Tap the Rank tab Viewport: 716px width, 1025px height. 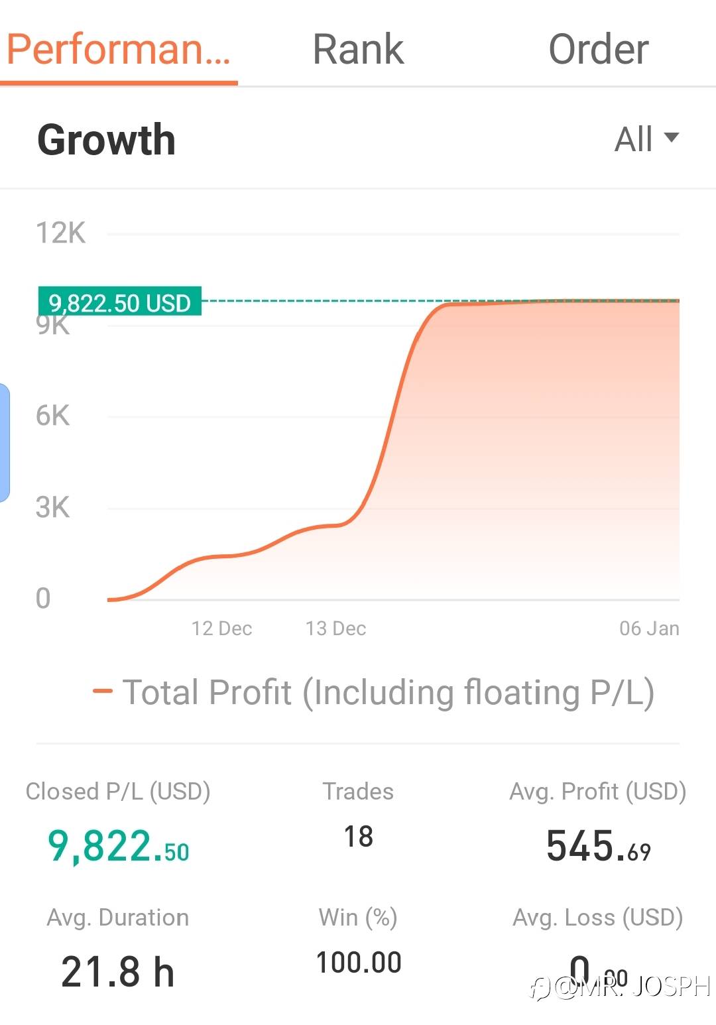[358, 50]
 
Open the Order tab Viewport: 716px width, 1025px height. [598, 50]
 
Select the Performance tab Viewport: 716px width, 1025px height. [119, 50]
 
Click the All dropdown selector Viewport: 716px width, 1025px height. [646, 139]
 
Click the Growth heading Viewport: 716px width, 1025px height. [106, 140]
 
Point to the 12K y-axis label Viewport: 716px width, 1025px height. [60, 233]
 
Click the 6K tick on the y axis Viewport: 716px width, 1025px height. [52, 416]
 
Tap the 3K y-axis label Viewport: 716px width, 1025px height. [52, 508]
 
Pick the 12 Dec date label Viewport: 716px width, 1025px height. [221, 629]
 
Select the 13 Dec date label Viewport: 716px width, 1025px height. [335, 629]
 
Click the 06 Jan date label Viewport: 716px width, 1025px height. [649, 629]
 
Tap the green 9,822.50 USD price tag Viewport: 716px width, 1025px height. [120, 302]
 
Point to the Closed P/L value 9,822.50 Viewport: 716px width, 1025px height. [118, 847]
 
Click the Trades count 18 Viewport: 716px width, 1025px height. [358, 837]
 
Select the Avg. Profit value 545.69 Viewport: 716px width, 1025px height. [598, 847]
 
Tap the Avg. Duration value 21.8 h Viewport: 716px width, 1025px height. [117, 972]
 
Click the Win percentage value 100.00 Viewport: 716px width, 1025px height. [358, 963]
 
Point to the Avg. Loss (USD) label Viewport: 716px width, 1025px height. [598, 918]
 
